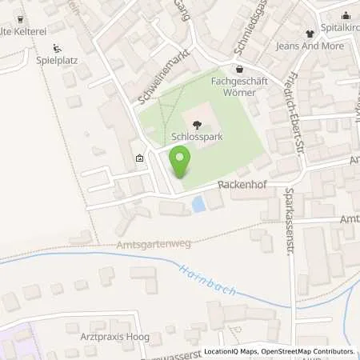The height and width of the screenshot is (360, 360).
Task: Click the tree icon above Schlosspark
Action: (x=197, y=123)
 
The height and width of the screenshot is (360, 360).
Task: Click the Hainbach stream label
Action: (x=209, y=280)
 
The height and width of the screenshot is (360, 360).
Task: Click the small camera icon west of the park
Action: (x=141, y=159)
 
